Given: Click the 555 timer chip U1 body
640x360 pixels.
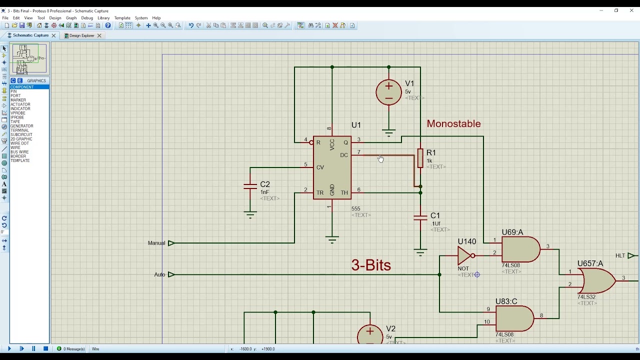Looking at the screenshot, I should tap(332, 168).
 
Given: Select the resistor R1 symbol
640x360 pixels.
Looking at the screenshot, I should tap(420, 158).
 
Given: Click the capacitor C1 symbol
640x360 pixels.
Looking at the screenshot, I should tap(420, 217).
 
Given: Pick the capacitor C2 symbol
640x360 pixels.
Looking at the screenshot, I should tap(250, 186).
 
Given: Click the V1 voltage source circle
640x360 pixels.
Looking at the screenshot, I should tap(388, 92).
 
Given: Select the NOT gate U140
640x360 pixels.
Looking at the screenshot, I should tap(465, 255).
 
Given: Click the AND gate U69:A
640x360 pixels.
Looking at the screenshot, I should tap(520, 249).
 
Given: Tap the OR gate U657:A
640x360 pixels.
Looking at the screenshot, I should tap(596, 280).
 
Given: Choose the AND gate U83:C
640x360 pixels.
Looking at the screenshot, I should tap(514, 318).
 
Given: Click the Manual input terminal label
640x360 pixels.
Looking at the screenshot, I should tap(156, 243).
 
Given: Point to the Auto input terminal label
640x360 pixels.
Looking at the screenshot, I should tap(159, 274).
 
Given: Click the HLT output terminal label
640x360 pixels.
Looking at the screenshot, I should tap(620, 255).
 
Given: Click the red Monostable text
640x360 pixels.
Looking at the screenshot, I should tap(453, 123).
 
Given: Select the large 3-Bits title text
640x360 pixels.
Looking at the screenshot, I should tap(370, 265).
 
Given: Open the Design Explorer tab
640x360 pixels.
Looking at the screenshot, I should tap(81, 35).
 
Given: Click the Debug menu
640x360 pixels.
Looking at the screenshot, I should tap(87, 18).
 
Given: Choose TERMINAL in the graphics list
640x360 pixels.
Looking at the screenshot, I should tap(20, 130).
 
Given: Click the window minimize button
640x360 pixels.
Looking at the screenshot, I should tap(601, 10).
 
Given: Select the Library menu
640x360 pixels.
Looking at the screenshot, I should tap(103, 18).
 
